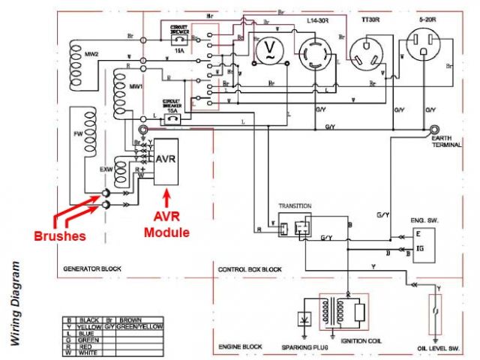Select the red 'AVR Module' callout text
[x=167, y=226]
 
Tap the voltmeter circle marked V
[x=268, y=51]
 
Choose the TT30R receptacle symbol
[x=367, y=52]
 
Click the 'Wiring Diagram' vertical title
[x=14, y=303]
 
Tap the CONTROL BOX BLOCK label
[x=250, y=268]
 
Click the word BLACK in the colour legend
[x=90, y=319]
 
